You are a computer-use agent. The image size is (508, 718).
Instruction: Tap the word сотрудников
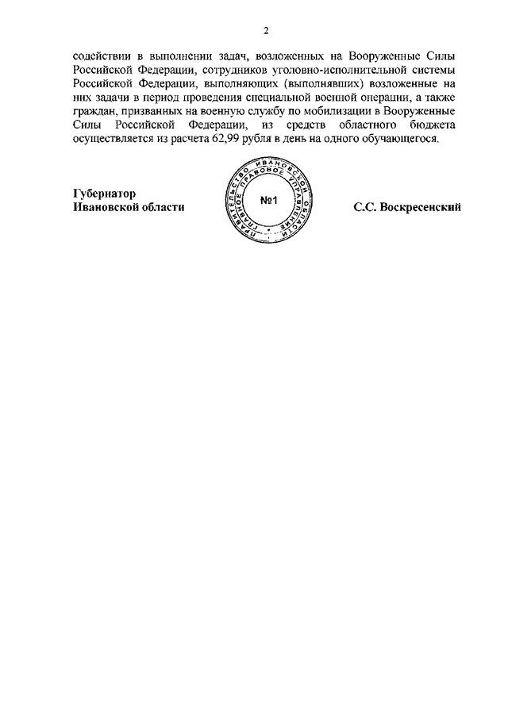coord(237,70)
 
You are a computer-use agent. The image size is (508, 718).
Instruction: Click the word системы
coord(436,70)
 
